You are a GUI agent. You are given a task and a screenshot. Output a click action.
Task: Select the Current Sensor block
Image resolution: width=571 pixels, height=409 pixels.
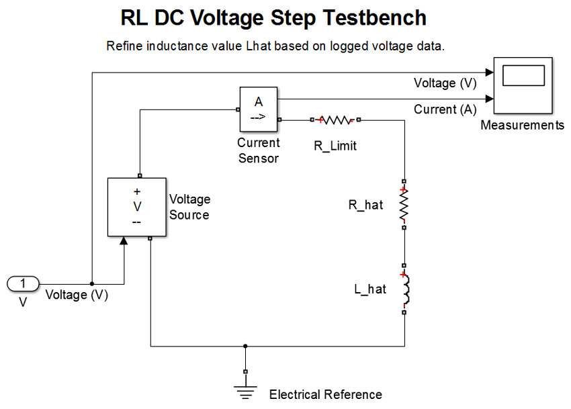[x=259, y=109]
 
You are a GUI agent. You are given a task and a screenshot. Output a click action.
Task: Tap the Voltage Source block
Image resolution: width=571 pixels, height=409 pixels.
[x=136, y=207]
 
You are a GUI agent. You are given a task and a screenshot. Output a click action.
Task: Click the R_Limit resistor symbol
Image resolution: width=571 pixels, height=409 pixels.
[x=335, y=120]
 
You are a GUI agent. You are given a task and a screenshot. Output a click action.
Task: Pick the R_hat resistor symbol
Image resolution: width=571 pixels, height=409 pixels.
[x=404, y=204]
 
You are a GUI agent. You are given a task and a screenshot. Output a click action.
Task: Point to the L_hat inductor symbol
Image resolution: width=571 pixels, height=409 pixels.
[x=404, y=289]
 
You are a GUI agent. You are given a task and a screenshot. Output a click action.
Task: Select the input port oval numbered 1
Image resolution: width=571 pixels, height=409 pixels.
[x=23, y=283]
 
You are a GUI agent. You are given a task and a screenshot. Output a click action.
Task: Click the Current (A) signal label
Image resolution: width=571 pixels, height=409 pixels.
[x=445, y=109]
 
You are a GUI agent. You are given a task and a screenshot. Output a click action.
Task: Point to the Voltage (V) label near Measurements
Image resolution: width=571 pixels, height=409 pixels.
[x=445, y=83]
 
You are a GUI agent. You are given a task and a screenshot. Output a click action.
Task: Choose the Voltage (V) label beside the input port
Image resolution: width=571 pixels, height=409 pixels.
[x=77, y=295]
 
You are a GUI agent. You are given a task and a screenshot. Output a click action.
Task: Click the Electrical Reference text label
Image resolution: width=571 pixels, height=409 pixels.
[x=325, y=394]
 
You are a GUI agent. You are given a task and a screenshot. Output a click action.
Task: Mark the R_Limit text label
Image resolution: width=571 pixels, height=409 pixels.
[x=335, y=146]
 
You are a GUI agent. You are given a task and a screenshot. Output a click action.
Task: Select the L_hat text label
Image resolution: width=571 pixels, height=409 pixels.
[x=370, y=289]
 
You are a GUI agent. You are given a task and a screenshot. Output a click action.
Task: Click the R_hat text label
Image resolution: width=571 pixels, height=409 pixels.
[x=365, y=205]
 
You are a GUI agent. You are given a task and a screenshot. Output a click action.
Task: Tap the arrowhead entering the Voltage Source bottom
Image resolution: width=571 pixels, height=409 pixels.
[x=124, y=241]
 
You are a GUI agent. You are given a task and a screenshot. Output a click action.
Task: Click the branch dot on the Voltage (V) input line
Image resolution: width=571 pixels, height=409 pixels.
[x=91, y=283]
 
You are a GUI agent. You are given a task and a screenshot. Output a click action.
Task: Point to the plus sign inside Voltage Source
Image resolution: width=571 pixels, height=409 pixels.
[x=137, y=191]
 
